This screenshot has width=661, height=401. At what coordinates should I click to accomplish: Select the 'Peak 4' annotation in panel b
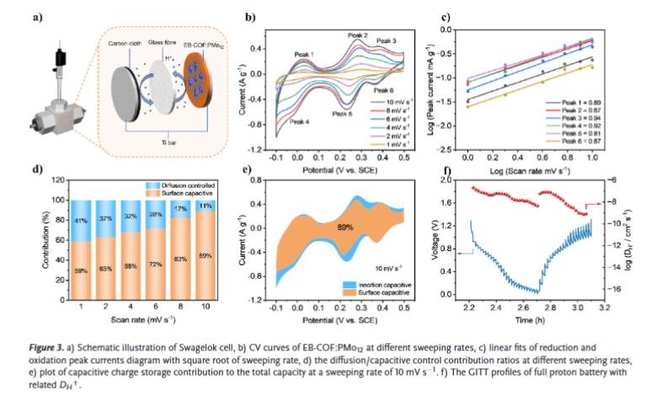[300, 122]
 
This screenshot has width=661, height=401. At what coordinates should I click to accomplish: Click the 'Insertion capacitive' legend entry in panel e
[382, 285]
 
